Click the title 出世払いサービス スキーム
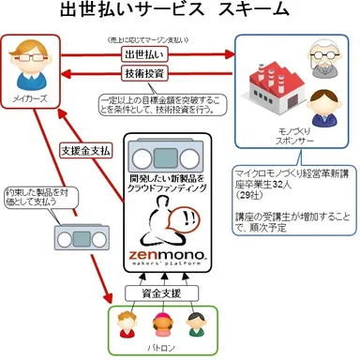(179, 12)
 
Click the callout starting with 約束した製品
(36, 191)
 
